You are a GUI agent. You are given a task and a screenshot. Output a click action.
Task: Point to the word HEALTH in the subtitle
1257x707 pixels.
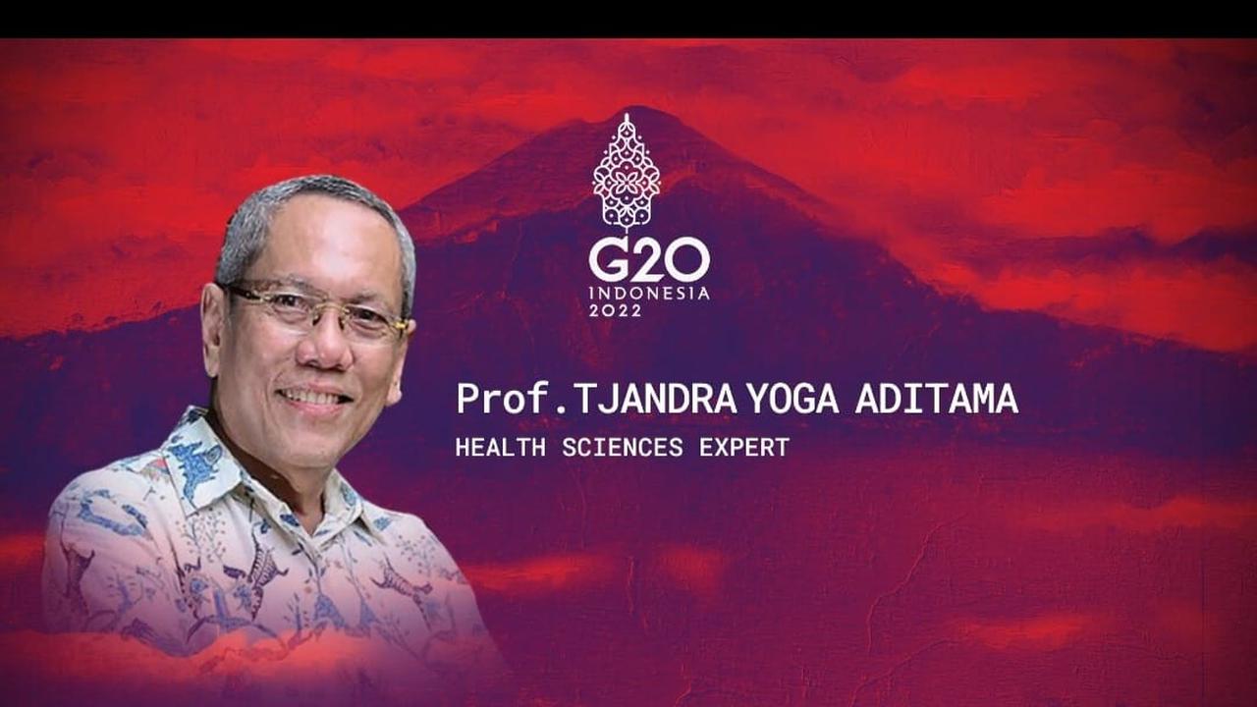[500, 448]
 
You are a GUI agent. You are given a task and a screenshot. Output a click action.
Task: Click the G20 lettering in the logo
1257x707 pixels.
[648, 261]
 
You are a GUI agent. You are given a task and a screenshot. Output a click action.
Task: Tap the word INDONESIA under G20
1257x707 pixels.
[648, 293]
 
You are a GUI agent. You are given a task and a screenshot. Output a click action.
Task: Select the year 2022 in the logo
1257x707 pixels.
[615, 309]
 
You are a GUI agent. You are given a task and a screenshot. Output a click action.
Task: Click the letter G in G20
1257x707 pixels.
[609, 261]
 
